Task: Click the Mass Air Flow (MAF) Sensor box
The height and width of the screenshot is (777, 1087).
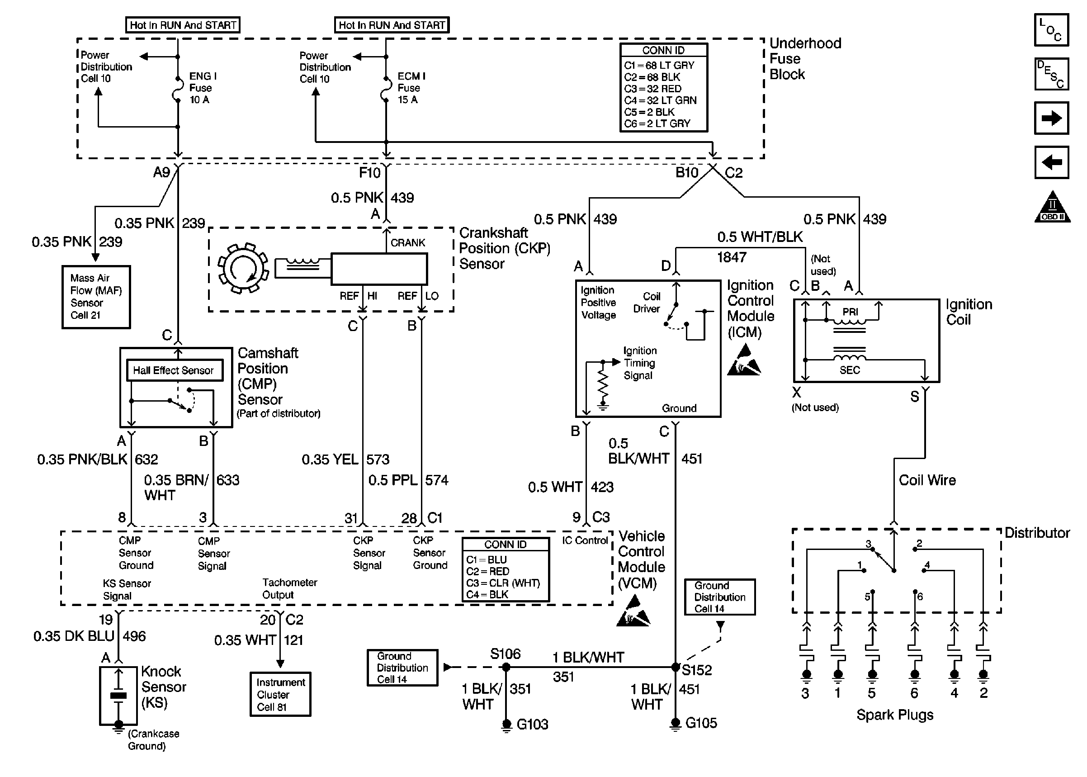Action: [x=96, y=297]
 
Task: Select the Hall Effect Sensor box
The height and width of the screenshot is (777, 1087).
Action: [x=175, y=370]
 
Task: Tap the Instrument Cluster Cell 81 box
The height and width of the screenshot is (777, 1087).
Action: [x=280, y=694]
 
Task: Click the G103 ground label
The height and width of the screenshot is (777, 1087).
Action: [x=532, y=725]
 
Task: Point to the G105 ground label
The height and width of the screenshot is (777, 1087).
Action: [x=701, y=723]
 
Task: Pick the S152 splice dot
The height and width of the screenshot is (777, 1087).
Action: [x=675, y=667]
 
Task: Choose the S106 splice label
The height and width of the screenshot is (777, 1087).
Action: [x=505, y=654]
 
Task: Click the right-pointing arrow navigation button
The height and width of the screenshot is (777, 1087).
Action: [x=1051, y=118]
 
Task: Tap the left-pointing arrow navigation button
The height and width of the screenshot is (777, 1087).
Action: [x=1051, y=162]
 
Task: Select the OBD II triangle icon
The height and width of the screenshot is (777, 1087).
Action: [x=1052, y=208]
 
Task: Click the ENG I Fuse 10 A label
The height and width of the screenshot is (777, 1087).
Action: [x=202, y=88]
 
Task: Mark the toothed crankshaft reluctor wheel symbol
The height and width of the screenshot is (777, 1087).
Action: [x=242, y=268]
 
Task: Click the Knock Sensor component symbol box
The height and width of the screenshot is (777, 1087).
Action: [x=118, y=696]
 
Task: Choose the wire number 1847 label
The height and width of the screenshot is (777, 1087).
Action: [x=731, y=257]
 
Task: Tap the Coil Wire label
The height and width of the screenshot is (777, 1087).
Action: [x=927, y=480]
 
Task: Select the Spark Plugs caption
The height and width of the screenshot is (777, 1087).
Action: [x=895, y=715]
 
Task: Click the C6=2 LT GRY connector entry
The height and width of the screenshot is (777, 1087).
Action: [x=657, y=123]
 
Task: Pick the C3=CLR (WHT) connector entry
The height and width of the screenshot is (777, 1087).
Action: [x=503, y=583]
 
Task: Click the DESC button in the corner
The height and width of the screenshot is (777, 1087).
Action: [x=1051, y=74]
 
